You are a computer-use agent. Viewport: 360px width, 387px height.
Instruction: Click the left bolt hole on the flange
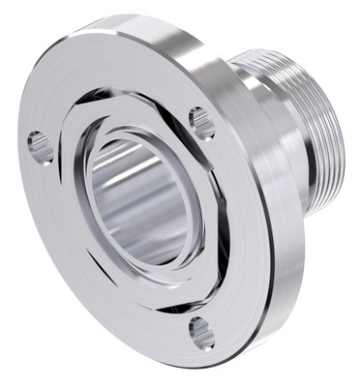pos(41,147)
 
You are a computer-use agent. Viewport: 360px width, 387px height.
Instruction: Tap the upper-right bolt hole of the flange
pos(201,123)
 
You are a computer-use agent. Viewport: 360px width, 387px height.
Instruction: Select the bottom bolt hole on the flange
pos(201,332)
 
